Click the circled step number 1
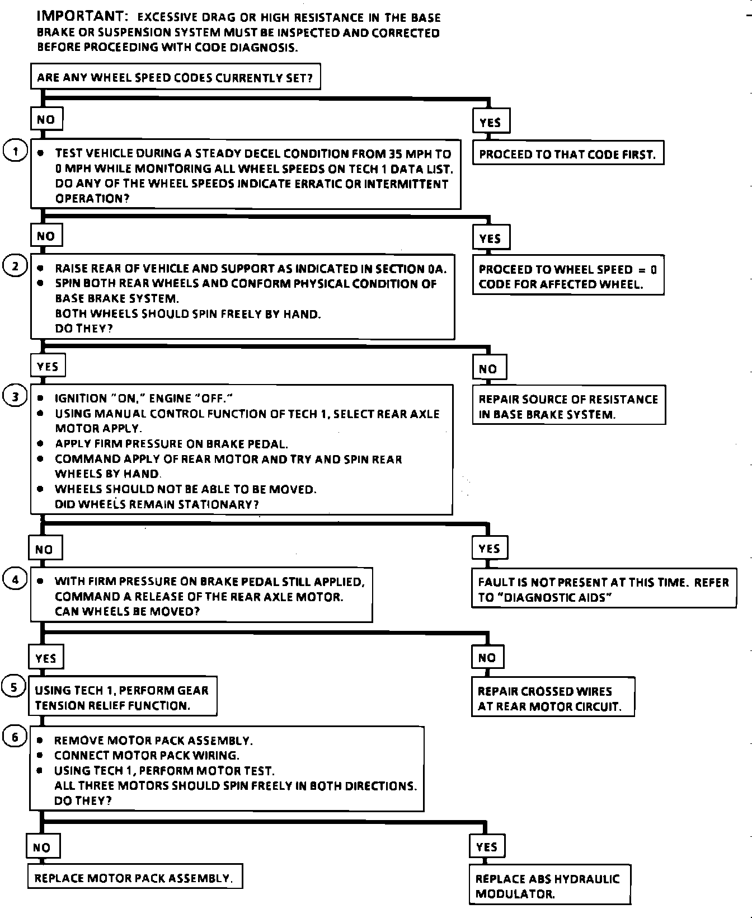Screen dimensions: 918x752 [15, 151]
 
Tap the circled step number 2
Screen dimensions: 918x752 [15, 266]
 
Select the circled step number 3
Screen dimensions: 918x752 [15, 397]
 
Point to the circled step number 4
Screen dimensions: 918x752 [15, 580]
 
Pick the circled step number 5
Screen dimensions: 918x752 [14, 687]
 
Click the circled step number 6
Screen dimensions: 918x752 [15, 738]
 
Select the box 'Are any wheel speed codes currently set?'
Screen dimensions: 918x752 [175, 77]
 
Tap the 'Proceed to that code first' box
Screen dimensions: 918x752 [567, 154]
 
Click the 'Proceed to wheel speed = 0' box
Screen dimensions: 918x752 [567, 277]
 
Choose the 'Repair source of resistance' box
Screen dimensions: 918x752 [568, 406]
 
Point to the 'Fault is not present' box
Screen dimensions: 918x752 [603, 589]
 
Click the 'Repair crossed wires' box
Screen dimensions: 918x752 [552, 699]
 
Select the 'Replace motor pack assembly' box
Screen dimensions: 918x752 [134, 878]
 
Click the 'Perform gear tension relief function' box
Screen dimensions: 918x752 [122, 697]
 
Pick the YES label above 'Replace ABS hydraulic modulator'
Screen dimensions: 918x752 [487, 847]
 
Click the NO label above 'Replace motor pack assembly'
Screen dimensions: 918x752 [42, 847]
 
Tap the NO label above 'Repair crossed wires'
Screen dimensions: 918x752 [487, 658]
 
